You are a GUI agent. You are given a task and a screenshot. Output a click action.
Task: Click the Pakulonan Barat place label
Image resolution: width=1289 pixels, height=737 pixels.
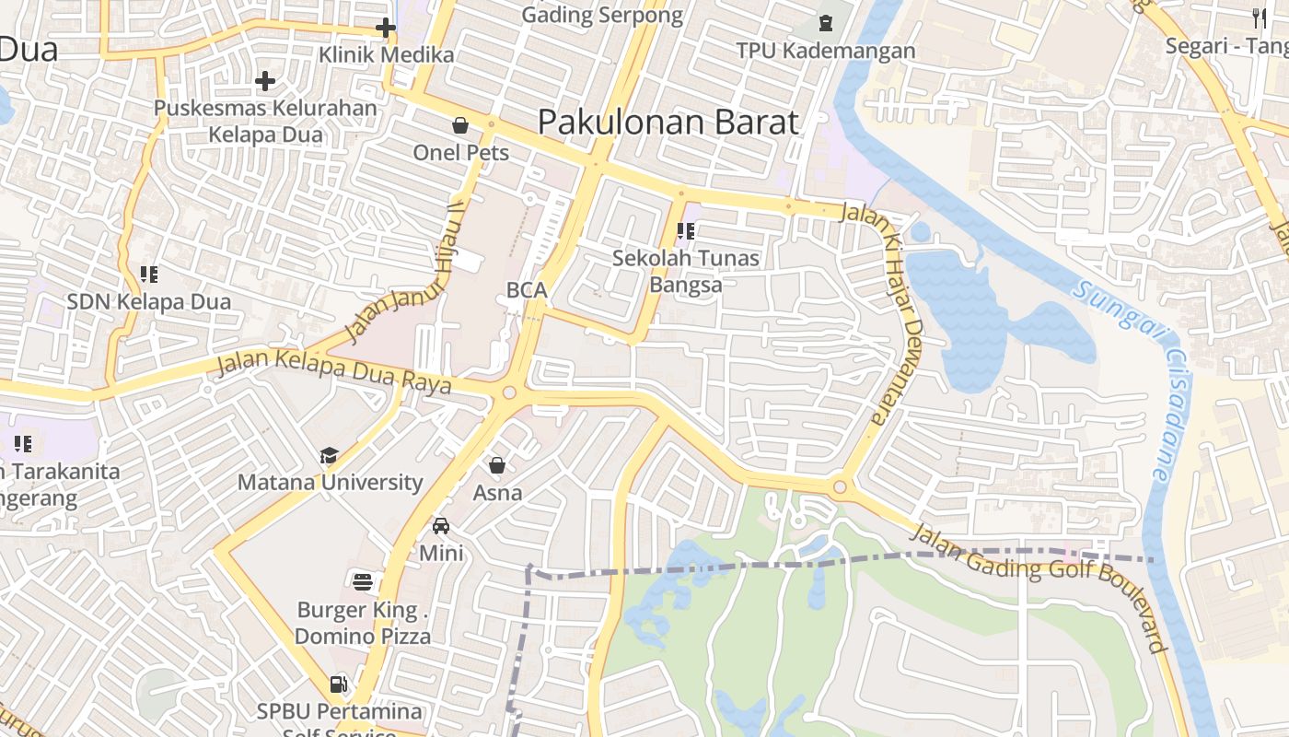pos(668,122)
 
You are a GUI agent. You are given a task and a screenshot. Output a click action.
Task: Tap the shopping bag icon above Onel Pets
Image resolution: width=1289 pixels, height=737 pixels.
pos(460,125)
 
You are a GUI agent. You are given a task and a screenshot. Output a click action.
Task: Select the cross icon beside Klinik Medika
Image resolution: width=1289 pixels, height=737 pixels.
pos(386,28)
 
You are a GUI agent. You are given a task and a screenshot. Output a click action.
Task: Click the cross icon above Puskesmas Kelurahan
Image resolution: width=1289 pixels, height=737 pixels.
pos(265,81)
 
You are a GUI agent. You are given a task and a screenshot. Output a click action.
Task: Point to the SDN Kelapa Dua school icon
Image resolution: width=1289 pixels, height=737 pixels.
pos(148,274)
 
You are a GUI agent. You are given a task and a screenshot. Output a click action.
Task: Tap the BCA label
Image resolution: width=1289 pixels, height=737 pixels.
pos(527,290)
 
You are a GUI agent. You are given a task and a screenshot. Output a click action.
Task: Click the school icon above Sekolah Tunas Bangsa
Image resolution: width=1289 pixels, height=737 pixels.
pos(685,230)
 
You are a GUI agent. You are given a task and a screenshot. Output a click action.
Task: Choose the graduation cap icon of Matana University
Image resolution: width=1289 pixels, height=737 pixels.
pos(329,455)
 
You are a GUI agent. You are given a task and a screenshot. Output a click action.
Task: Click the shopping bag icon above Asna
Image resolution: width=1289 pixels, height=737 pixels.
pos(497,465)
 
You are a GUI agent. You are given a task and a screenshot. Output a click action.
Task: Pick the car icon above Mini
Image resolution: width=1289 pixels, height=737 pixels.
pos(441,526)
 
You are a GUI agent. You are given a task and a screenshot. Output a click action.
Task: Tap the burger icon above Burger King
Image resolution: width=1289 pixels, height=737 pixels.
pos(363,581)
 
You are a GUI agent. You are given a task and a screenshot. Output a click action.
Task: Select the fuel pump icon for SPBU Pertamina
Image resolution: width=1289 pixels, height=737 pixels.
pos(339,684)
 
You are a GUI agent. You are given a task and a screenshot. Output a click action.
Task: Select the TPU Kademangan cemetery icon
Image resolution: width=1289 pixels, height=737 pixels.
pos(825,22)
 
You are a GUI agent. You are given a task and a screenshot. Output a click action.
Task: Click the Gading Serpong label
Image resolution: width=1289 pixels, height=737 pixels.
pos(602,15)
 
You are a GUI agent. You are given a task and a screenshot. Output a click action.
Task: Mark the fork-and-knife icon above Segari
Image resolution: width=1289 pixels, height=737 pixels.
pos(1260,16)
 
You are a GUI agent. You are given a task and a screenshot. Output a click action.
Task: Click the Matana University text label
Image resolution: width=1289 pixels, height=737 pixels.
pos(330,482)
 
